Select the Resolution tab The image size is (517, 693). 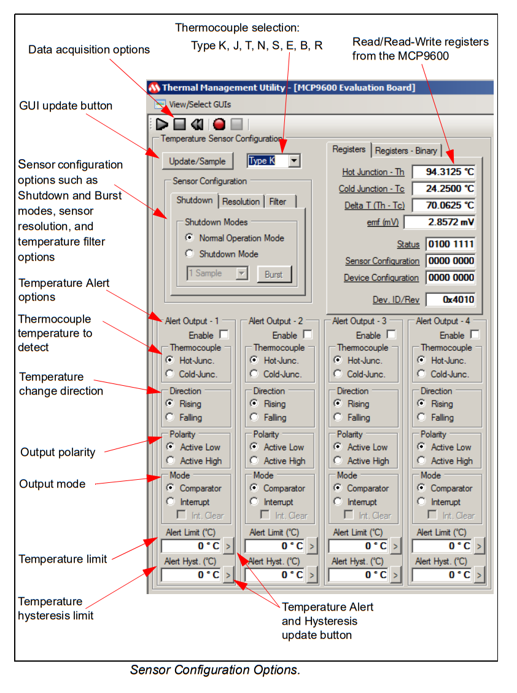tap(241, 202)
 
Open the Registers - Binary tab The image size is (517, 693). tap(406, 151)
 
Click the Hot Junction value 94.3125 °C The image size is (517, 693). tap(443, 172)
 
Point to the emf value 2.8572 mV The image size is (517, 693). tap(440, 222)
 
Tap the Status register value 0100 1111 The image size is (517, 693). tap(450, 244)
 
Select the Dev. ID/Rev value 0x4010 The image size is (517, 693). tap(450, 300)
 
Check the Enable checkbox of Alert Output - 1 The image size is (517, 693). tap(224, 335)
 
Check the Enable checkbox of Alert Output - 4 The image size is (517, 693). tap(475, 335)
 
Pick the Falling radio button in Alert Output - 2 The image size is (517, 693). tap(254, 417)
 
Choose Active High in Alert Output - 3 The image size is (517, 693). tap(338, 461)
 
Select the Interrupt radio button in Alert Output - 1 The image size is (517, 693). tap(171, 502)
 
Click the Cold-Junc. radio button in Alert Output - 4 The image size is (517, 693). tap(421, 374)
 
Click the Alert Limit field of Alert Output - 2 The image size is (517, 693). tap(274, 546)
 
